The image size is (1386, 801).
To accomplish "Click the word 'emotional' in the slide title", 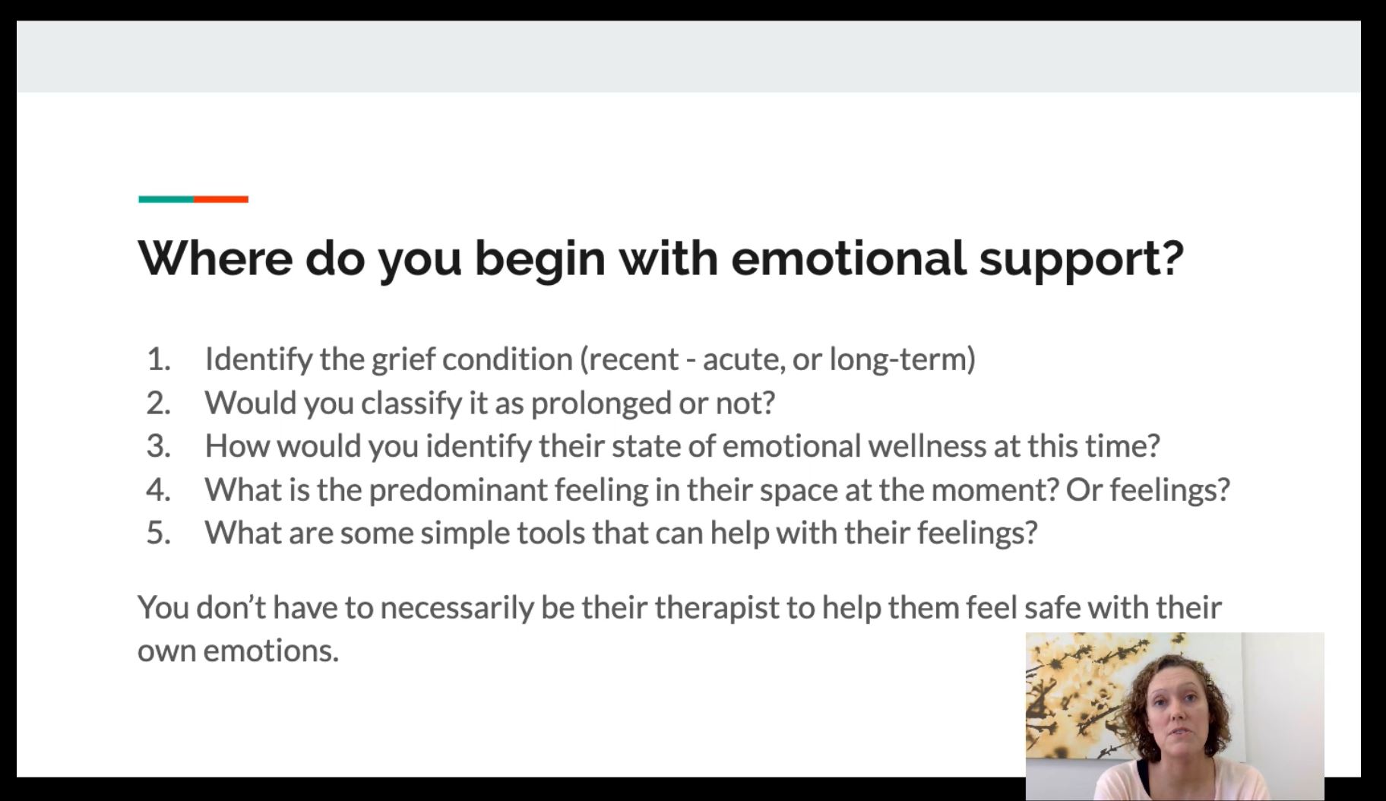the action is [x=848, y=258].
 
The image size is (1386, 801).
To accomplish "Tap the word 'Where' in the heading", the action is [x=215, y=258].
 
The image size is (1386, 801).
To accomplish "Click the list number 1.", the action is [x=158, y=359].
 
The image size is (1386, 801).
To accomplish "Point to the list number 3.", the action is [x=158, y=445].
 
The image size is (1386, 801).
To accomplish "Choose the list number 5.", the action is [x=158, y=532].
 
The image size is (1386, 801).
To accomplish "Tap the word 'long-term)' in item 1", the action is [x=902, y=359].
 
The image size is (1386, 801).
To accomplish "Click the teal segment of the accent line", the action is [x=166, y=199].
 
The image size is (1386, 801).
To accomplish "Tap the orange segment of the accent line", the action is [x=221, y=199].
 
